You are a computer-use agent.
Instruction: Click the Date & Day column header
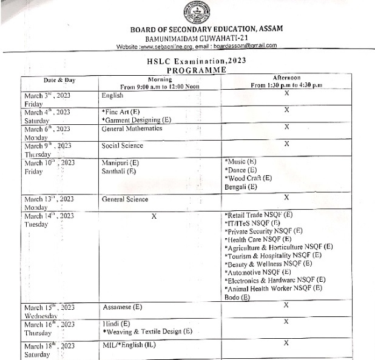tap(59, 79)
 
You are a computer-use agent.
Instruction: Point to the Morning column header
tap(160, 79)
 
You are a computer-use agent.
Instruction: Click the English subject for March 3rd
tap(113, 96)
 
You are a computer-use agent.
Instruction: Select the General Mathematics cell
tap(132, 128)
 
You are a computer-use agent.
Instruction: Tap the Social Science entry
tap(123, 145)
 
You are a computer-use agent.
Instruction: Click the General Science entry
tap(125, 199)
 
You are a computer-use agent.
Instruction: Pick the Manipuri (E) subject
tap(120, 163)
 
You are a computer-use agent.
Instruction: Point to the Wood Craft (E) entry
tap(249, 178)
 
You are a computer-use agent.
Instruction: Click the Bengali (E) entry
tap(240, 187)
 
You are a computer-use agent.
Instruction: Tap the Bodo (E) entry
tap(237, 297)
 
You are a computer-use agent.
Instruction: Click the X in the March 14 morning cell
tap(154, 215)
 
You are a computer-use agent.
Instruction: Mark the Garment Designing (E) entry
tap(137, 120)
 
